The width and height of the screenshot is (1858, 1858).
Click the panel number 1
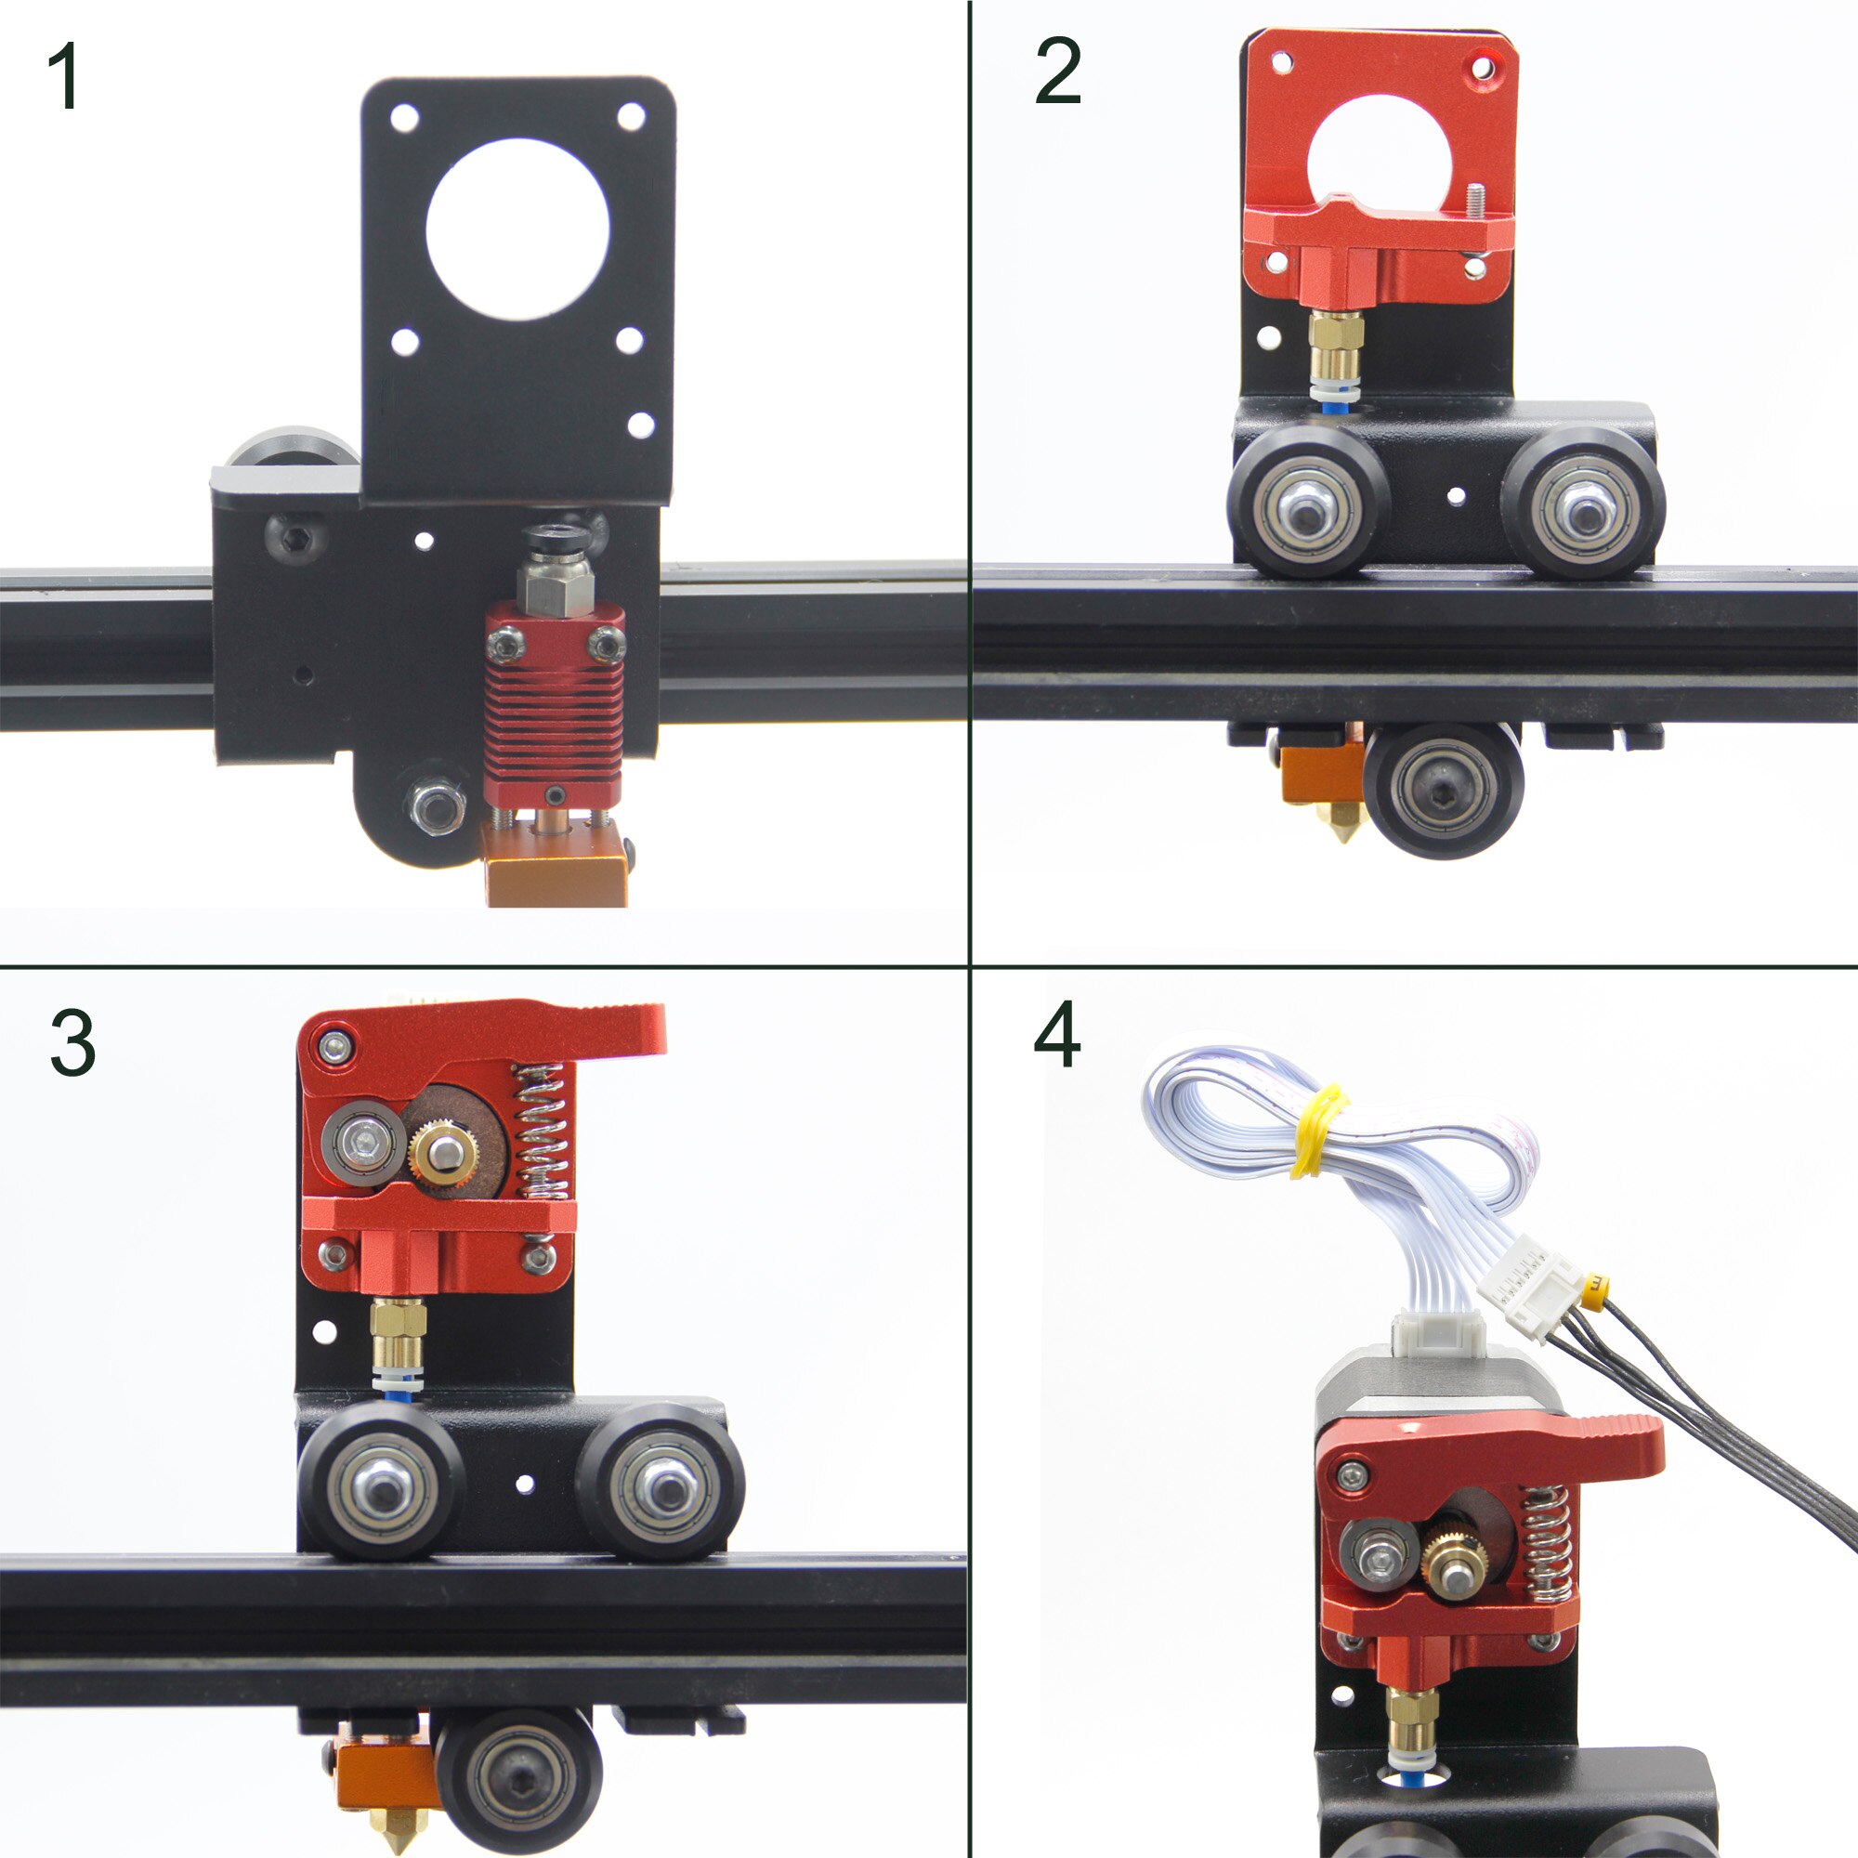(x=63, y=77)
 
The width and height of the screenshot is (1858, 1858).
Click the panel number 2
(x=1057, y=72)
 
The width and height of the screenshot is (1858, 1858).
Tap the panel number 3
(x=72, y=1043)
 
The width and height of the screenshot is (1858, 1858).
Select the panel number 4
(x=1056, y=1036)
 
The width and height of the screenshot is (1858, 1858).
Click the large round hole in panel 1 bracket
(x=517, y=229)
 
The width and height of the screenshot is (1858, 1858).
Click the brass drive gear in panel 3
(x=444, y=1149)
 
